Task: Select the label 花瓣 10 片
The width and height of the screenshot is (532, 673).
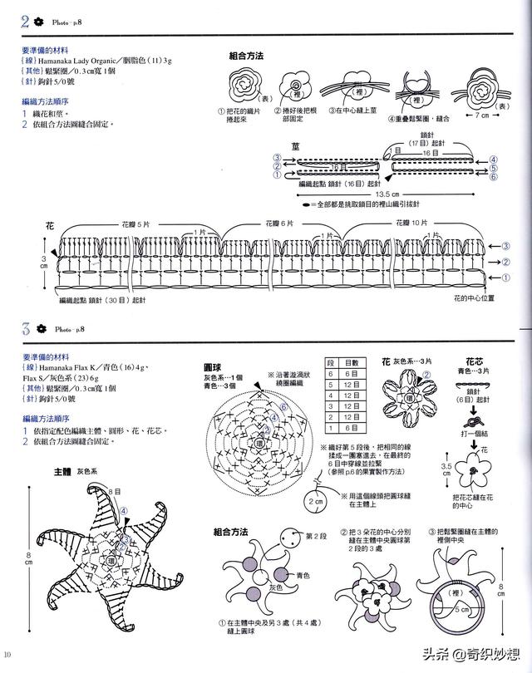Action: coord(411,224)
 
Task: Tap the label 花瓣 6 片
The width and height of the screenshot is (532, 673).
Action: coord(280,224)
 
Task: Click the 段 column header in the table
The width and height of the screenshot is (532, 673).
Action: coord(331,363)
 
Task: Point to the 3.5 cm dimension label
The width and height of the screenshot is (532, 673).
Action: coord(446,470)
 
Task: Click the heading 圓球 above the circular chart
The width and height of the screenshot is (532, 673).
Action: coord(212,366)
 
